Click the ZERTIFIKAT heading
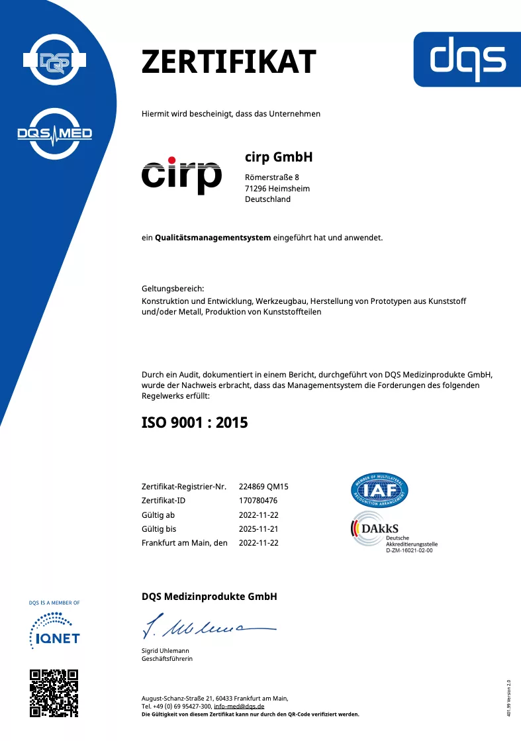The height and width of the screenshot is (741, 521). click(228, 62)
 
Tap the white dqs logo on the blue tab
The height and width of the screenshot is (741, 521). click(467, 57)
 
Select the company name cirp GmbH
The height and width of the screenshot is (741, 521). click(278, 158)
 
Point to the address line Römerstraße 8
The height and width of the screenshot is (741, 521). click(271, 177)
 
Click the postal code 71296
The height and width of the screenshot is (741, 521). click(256, 189)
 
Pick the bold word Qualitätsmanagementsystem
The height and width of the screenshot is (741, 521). click(213, 237)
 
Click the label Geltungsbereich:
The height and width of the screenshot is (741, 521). click(173, 289)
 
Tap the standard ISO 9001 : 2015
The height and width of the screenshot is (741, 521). click(195, 422)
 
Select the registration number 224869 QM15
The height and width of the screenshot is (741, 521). click(263, 486)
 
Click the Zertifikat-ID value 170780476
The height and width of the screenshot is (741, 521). click(258, 501)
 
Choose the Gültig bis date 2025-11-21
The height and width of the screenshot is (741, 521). click(258, 529)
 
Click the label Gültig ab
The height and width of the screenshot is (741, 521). click(158, 515)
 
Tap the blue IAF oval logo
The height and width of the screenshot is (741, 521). click(379, 490)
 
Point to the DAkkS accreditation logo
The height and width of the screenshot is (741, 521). click(391, 532)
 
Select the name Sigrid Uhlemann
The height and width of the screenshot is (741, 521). click(166, 651)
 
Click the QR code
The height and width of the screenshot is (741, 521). click(54, 693)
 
